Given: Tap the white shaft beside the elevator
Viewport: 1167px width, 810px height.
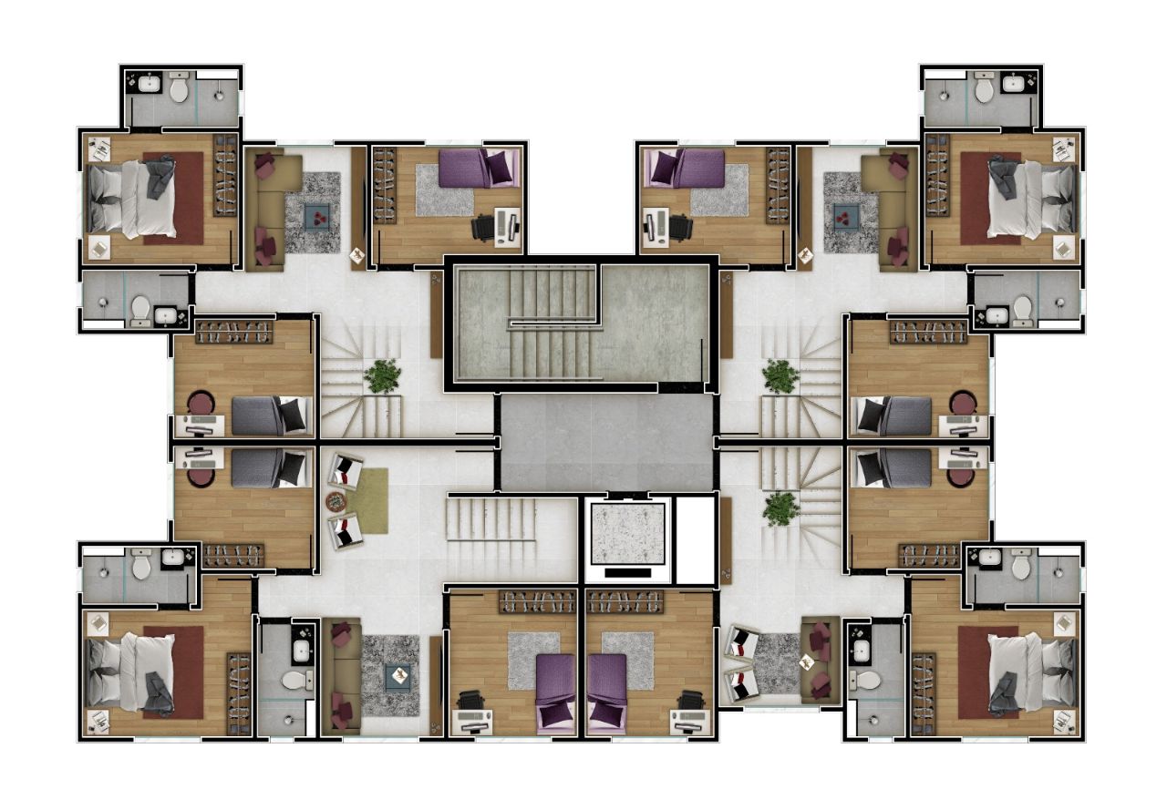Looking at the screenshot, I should click(x=694, y=540).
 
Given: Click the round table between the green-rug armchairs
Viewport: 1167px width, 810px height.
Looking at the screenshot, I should click(x=336, y=500).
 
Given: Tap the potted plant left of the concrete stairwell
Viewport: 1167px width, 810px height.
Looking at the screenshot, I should click(x=382, y=375).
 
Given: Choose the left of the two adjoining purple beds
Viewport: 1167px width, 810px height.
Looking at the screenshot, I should click(x=554, y=691).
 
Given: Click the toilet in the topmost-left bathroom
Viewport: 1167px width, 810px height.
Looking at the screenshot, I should click(x=179, y=89).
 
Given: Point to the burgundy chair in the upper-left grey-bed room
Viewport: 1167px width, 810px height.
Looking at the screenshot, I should click(x=201, y=403).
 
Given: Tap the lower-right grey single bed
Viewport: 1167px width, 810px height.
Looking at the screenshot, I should click(x=893, y=469).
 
